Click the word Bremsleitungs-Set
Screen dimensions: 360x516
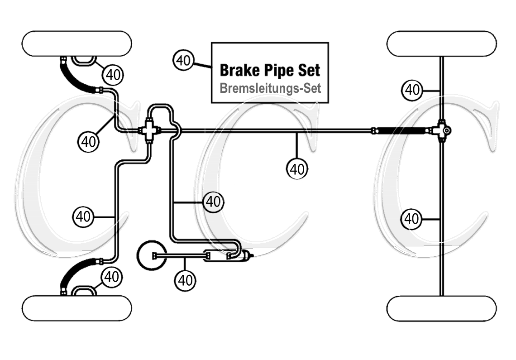click(x=270, y=88)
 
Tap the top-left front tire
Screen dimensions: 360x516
click(x=77, y=43)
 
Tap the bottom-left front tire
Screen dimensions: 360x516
click(x=77, y=308)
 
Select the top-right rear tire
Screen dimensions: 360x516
click(x=442, y=43)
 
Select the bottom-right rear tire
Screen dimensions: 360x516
click(x=442, y=308)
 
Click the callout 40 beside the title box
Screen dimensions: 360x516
click(x=184, y=61)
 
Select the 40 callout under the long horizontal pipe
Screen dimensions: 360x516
click(x=297, y=169)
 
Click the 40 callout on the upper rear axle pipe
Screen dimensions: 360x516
click(x=412, y=90)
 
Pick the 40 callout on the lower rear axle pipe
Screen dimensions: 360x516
click(x=411, y=219)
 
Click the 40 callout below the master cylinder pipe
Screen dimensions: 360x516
click(x=185, y=280)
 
